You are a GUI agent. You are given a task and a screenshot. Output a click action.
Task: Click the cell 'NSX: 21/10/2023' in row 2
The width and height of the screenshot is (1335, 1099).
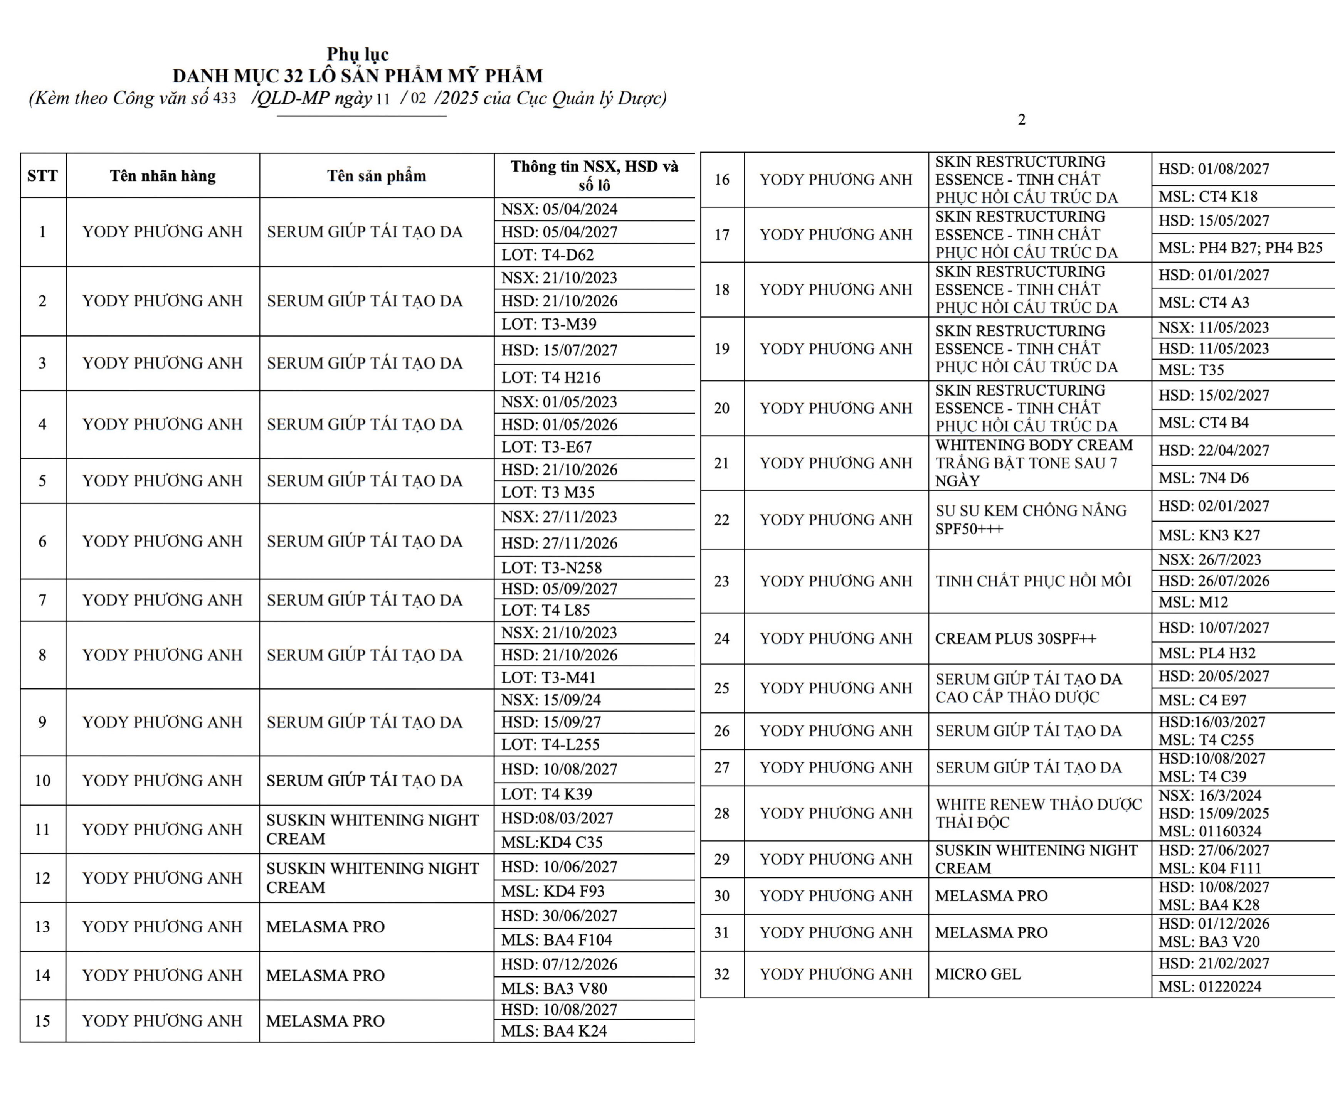(x=559, y=278)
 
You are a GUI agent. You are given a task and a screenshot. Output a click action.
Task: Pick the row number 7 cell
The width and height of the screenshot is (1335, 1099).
(x=42, y=600)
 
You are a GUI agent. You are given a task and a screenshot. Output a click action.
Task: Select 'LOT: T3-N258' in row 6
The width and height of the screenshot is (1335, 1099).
(x=551, y=568)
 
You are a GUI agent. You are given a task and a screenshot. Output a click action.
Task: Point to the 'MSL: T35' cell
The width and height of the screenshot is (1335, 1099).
(x=1191, y=370)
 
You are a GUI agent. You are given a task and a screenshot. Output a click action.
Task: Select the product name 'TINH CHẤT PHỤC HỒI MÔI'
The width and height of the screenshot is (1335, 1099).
(x=1033, y=581)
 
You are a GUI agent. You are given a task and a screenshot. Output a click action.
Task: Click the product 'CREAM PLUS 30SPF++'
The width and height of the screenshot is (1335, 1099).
(x=1016, y=639)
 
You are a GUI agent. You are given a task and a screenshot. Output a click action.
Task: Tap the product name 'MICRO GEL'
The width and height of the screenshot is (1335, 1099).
(x=978, y=974)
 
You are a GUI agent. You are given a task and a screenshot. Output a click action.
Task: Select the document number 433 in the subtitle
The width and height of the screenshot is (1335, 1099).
(x=225, y=99)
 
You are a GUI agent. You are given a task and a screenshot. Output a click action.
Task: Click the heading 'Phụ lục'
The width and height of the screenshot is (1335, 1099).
(x=358, y=54)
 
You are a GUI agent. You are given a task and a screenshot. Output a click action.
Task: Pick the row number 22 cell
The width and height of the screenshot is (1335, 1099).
(x=721, y=520)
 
